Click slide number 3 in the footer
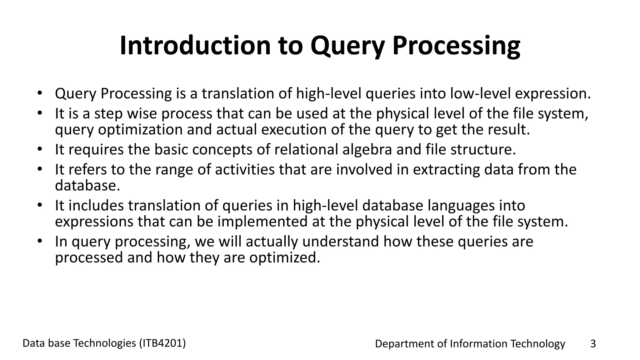coord(593,344)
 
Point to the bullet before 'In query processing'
coord(39,241)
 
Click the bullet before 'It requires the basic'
coord(39,149)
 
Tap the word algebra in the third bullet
coord(367,149)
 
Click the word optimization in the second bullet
coord(140,129)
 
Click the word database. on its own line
coord(87,186)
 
